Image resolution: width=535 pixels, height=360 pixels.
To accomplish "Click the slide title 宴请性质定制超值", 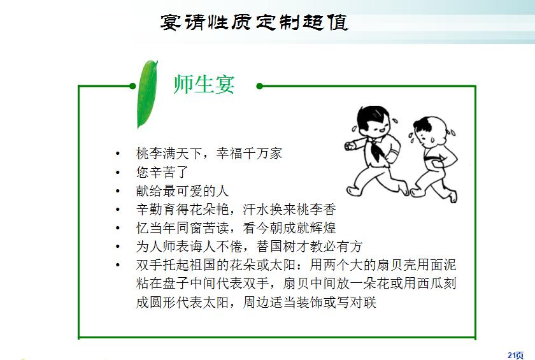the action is pos(254,22).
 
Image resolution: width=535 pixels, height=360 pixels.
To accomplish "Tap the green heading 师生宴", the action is pos(204,84).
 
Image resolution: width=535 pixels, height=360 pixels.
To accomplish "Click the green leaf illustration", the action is pos(147,94).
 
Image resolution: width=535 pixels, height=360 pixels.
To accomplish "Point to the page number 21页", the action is pos(515,356).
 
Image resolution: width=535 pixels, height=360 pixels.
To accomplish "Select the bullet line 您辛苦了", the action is pos(162,172).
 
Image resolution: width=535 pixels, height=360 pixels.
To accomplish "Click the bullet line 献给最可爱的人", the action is pos(182,191).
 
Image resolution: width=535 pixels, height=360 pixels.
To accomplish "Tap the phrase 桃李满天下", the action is pos(169,154).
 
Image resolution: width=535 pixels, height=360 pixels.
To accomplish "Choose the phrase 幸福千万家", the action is pos(249,154).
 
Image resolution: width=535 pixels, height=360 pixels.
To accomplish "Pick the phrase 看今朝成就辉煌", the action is pos(289,227).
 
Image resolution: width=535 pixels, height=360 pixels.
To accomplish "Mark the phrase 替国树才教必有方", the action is pos(310,246).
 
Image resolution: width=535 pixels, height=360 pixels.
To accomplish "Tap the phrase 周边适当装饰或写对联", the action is pos(310,302).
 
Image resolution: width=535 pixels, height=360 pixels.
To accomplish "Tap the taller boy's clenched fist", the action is pos(349,146).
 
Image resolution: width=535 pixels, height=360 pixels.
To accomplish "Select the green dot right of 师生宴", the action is pos(260,86).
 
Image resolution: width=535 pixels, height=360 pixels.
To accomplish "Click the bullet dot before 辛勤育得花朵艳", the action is pos(118,210).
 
